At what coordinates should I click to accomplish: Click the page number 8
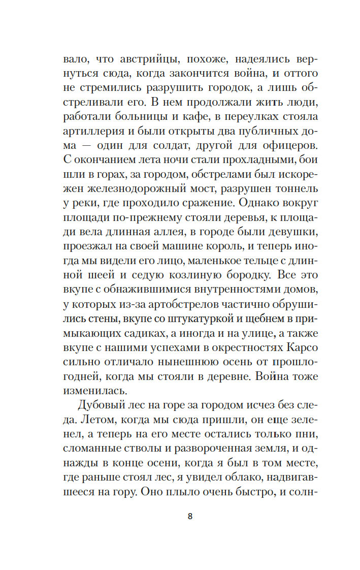pos(190,517)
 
